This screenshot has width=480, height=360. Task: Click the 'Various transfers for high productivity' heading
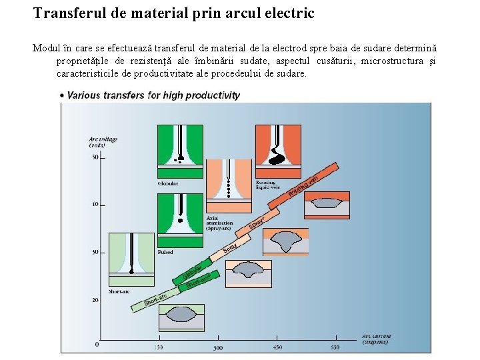pyautogui.click(x=153, y=95)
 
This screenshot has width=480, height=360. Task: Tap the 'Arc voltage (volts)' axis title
pyautogui.click(x=103, y=142)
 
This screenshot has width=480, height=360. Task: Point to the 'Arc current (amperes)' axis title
pyautogui.click(x=377, y=339)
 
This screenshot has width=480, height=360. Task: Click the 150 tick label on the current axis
pyautogui.click(x=159, y=347)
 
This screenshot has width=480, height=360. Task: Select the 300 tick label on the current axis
pyautogui.click(x=217, y=347)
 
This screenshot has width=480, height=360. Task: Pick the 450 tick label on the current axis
pyautogui.click(x=277, y=347)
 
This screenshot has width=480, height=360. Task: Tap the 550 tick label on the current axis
pyautogui.click(x=335, y=347)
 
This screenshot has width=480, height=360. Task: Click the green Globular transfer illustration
pyautogui.click(x=180, y=151)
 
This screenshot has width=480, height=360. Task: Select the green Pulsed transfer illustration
pyautogui.click(x=180, y=221)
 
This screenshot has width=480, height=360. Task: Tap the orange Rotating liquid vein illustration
pyautogui.click(x=279, y=151)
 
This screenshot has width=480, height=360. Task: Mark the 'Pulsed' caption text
pyautogui.click(x=165, y=253)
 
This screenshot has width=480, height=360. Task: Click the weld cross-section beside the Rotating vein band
pyautogui.click(x=327, y=207)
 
